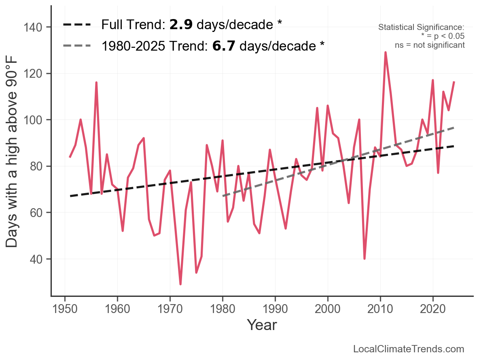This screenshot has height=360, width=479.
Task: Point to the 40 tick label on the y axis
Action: coord(38,259)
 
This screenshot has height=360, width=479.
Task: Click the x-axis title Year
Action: coord(262,325)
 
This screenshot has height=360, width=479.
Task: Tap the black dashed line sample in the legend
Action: coord(77,25)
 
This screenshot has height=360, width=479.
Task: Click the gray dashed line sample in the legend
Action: coord(77,46)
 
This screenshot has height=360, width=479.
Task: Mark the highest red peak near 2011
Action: coord(386,52)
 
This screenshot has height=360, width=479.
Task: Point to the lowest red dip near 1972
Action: coord(180,284)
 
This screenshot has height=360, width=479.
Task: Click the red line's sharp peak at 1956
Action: coord(96,83)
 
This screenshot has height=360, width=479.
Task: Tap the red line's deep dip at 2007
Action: coord(365,258)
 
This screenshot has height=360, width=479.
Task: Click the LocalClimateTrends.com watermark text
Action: coord(409,349)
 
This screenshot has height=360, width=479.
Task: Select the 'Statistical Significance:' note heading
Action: coord(421,28)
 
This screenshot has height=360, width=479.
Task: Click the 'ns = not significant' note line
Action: coord(430,45)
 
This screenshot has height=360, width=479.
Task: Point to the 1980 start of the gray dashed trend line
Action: coord(223,196)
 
